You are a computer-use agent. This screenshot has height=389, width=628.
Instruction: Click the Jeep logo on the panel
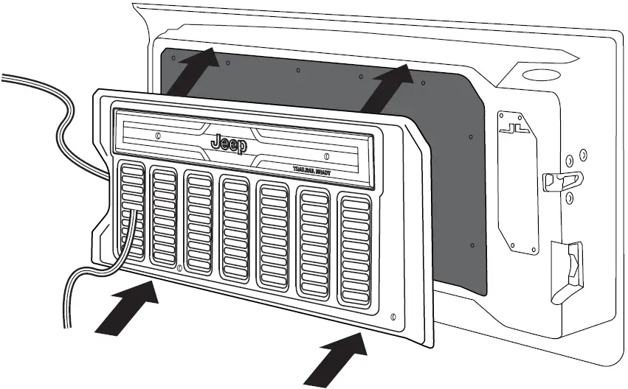pyautogui.click(x=230, y=143)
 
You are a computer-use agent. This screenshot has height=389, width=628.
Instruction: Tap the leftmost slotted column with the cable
pyautogui.click(x=133, y=211)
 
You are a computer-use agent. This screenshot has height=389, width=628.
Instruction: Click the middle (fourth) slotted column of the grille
pyautogui.click(x=237, y=228)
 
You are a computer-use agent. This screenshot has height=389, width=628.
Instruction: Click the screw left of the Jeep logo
pyautogui.click(x=159, y=136)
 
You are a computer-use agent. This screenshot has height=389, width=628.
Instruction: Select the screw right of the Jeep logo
pyautogui.click(x=325, y=155)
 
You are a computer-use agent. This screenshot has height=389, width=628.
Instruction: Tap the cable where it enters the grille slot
pyautogui.click(x=134, y=213)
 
